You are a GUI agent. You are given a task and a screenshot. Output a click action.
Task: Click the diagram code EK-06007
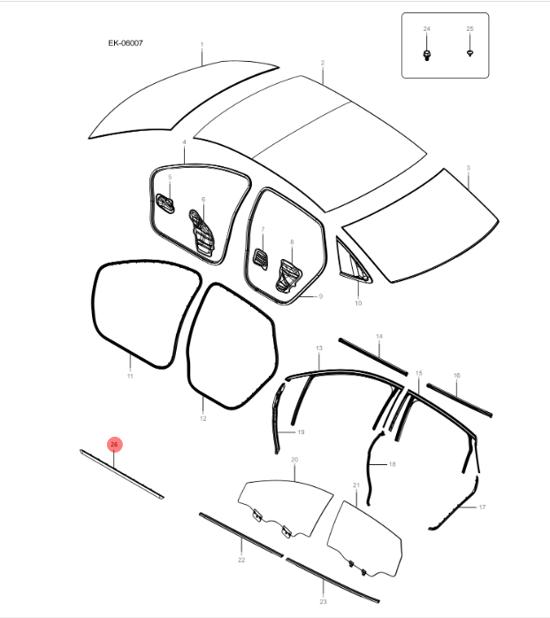point(126,43)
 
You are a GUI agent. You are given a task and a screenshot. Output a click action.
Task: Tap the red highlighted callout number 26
point(114,444)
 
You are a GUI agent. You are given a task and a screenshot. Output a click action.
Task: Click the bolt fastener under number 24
point(426,55)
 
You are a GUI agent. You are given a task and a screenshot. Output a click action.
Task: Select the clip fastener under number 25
point(470,53)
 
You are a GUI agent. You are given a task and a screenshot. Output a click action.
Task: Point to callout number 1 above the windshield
point(202,44)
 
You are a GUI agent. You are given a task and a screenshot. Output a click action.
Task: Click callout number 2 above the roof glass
point(323,63)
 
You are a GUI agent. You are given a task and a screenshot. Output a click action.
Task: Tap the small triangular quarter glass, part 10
point(352,260)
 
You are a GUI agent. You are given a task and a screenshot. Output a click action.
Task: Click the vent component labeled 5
point(165,203)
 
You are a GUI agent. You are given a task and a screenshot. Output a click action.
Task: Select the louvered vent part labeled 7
point(260,258)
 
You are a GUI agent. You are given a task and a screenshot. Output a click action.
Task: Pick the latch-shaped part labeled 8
point(288,277)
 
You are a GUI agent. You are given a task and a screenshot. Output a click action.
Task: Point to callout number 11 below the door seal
point(130,376)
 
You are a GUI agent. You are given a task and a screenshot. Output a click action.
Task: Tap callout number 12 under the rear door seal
point(203,418)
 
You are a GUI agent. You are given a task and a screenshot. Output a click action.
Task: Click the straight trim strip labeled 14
point(373,356)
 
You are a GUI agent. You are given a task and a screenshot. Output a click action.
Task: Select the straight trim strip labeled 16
point(459,400)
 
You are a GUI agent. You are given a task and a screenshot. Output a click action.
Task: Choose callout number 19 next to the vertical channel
point(301,432)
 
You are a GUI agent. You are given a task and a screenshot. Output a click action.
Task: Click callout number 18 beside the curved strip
point(392,464)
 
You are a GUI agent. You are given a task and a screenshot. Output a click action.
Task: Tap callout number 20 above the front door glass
point(294,460)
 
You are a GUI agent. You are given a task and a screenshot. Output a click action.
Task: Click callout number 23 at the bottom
point(323,601)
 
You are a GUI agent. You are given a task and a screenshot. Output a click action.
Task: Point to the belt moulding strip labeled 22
point(241,535)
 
